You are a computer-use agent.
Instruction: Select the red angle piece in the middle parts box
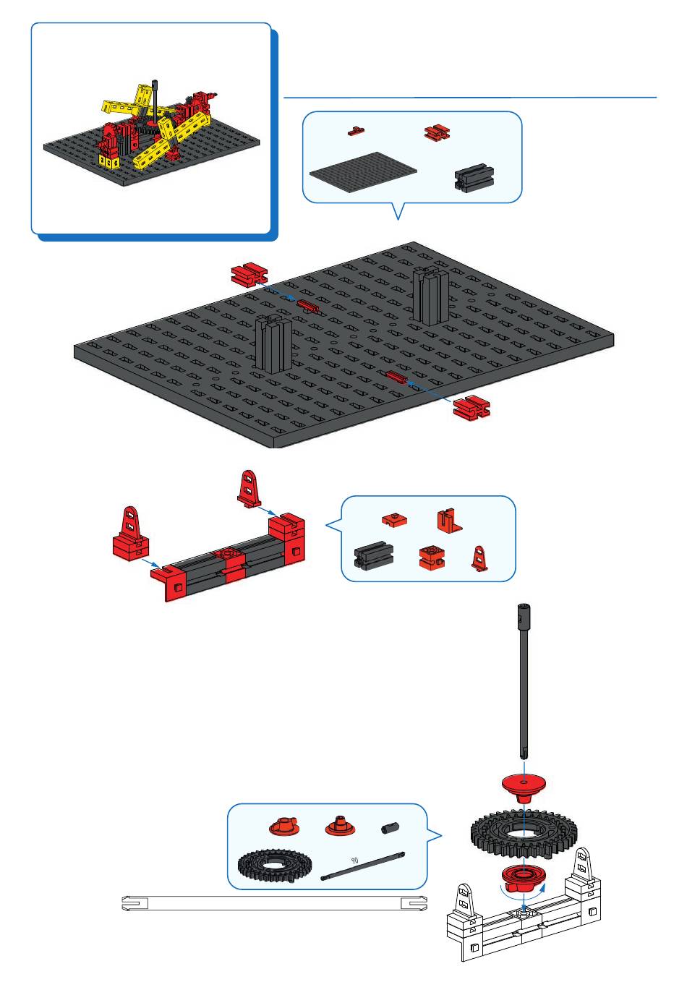coord(448,521)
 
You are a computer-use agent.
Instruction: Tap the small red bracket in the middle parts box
coord(478,558)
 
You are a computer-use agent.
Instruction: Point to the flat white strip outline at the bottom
coord(273,903)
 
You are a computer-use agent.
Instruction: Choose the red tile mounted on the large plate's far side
coord(307,305)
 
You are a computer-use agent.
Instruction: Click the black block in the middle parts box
coord(373,556)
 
